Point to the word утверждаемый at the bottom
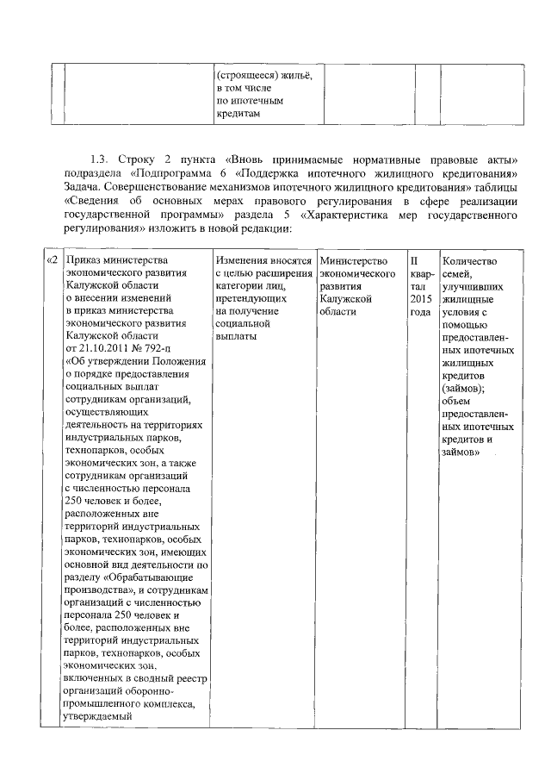pos(99,715)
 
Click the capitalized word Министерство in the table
pos(352,260)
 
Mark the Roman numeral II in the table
pos(414,260)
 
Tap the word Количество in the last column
pos(468,260)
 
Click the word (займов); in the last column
pos(462,389)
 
